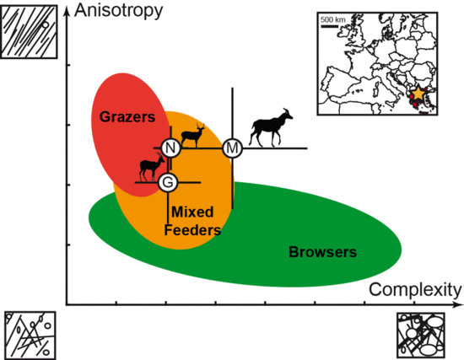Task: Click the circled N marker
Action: (x=170, y=148)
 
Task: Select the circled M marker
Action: (x=232, y=148)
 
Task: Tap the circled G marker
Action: (x=168, y=182)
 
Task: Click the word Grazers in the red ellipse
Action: (x=127, y=117)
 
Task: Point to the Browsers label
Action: (x=322, y=252)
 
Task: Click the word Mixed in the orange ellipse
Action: (x=192, y=212)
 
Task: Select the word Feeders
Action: (x=192, y=230)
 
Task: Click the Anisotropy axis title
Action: (x=119, y=11)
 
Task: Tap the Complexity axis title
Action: (x=415, y=289)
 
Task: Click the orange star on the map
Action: (x=418, y=94)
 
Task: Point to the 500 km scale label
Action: (x=333, y=20)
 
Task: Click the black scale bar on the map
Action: (x=329, y=26)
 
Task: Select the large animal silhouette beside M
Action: (x=271, y=128)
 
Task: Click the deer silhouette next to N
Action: (x=193, y=136)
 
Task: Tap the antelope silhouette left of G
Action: (x=152, y=167)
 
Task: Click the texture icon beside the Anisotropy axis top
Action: (x=29, y=32)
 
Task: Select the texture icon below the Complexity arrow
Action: (x=420, y=336)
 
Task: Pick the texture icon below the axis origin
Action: (x=30, y=336)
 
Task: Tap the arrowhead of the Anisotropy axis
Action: (x=67, y=10)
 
